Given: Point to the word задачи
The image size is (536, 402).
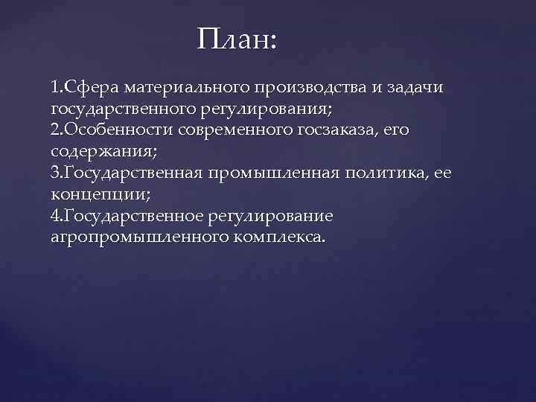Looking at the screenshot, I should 417,87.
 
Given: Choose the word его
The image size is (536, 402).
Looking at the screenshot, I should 398,130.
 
